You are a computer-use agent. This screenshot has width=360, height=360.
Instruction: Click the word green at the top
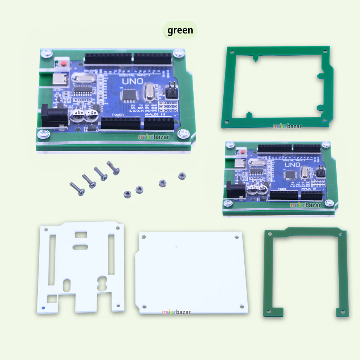coord(180,30)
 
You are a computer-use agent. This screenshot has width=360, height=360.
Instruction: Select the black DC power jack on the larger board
coord(53,115)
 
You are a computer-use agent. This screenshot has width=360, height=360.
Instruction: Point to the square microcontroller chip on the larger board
coord(128,95)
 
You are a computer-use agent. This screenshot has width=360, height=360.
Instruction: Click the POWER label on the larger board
coord(118,114)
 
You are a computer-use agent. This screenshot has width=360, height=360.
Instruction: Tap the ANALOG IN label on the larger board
coord(155,114)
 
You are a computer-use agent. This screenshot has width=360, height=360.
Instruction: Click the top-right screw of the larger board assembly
coord(178,54)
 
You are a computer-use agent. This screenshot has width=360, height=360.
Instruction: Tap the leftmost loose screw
coord(77,189)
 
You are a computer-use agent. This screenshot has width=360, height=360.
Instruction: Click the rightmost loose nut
coord(182,176)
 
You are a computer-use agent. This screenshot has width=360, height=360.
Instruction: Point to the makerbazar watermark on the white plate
coord(176,312)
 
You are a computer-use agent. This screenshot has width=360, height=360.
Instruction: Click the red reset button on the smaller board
coord(242,153)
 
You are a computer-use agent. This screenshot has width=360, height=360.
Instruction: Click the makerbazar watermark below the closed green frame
coord(287,126)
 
